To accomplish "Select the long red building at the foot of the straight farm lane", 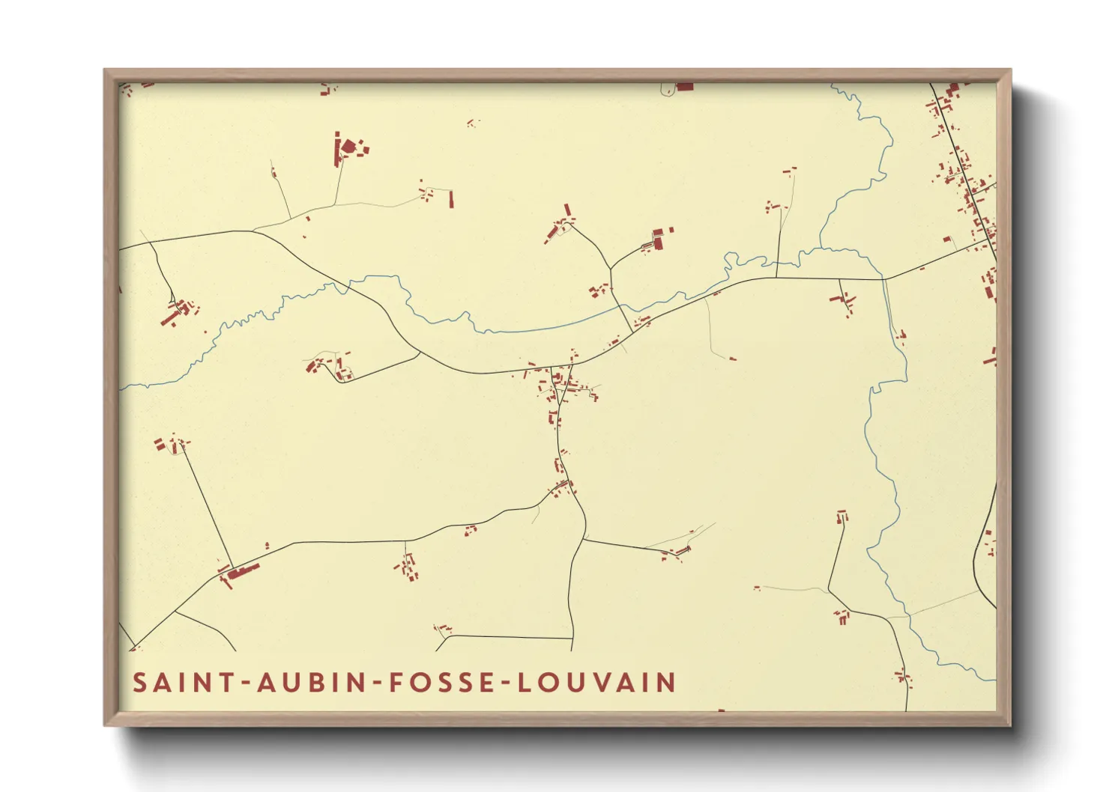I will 243,572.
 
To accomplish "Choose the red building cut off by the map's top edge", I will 684,87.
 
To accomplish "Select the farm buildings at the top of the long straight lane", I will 172,445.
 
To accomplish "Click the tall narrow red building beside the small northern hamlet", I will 451,199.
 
